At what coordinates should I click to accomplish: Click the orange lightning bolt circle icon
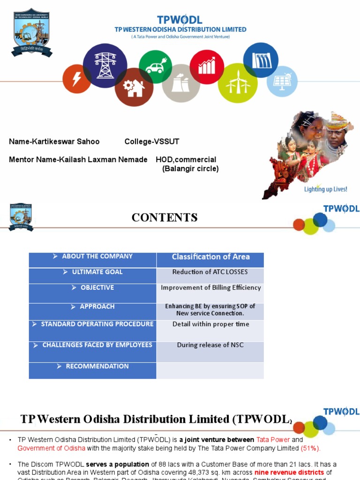pyautogui.click(x=77, y=79)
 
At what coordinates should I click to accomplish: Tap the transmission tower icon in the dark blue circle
pyautogui.click(x=105, y=65)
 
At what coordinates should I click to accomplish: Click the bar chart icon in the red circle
pyautogui.click(x=207, y=67)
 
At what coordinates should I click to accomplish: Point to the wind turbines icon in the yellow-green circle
pyautogui.click(x=238, y=83)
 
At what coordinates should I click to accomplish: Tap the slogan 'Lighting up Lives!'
pyautogui.click(x=326, y=189)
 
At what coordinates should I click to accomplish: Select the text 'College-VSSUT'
pyautogui.click(x=152, y=142)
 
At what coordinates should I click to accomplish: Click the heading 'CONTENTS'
pyautogui.click(x=165, y=217)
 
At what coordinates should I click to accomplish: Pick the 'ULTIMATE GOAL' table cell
pyautogui.click(x=93, y=272)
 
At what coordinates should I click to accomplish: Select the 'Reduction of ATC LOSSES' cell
pyautogui.click(x=210, y=272)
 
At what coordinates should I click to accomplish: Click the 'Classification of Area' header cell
pyautogui.click(x=210, y=257)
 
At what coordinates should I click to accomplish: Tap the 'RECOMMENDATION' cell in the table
pyautogui.click(x=93, y=367)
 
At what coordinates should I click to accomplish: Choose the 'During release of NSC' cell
pyautogui.click(x=210, y=345)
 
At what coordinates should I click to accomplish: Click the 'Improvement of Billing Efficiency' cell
pyautogui.click(x=210, y=288)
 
